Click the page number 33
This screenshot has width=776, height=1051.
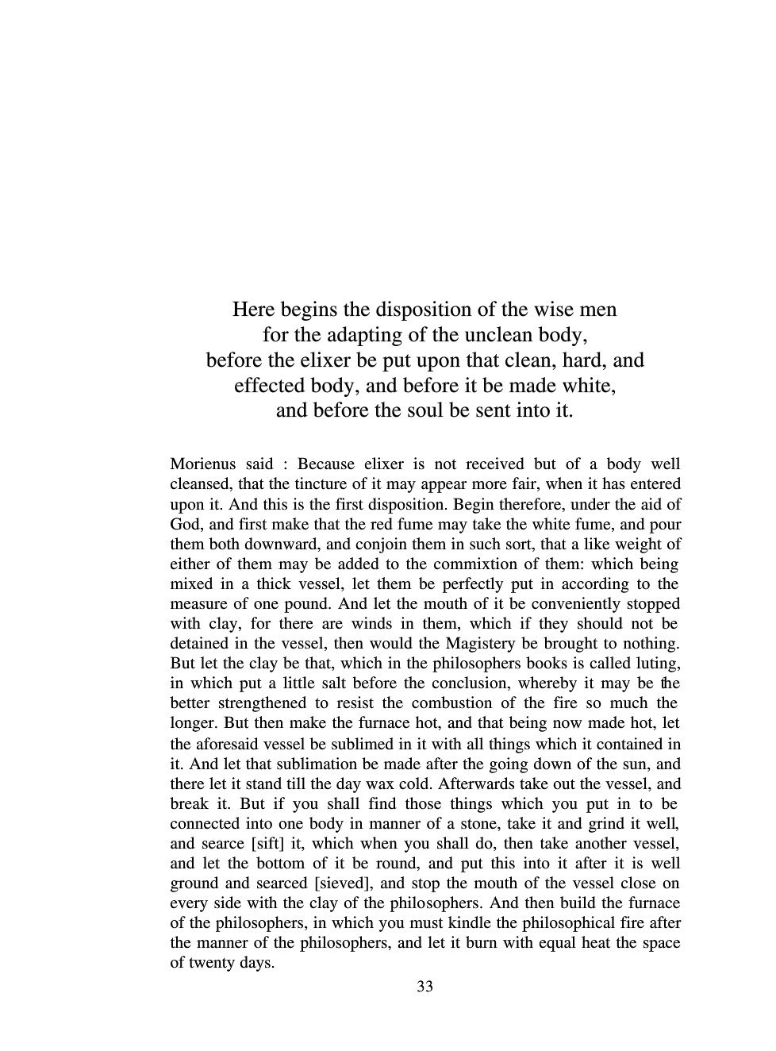point(424,987)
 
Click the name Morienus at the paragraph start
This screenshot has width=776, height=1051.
point(199,464)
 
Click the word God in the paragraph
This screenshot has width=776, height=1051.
point(185,525)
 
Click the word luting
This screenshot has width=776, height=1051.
point(658,664)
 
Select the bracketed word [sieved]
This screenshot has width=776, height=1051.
point(342,884)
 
